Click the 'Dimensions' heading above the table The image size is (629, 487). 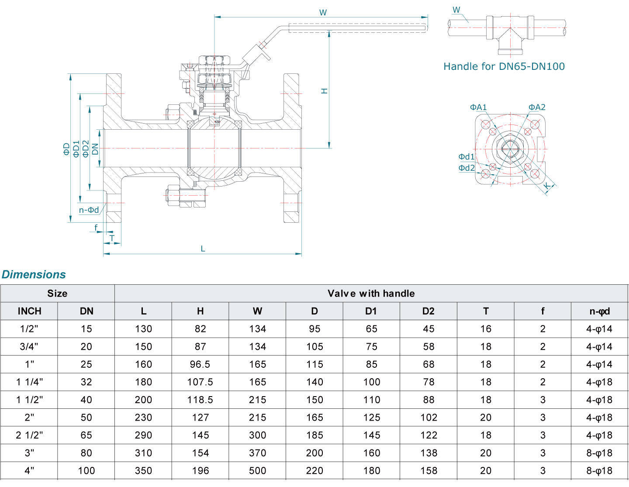tap(34, 274)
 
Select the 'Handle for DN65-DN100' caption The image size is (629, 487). tap(504, 66)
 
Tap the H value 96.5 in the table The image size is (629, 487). tap(200, 364)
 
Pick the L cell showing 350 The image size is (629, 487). tap(143, 470)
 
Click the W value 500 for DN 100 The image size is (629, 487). tap(257, 470)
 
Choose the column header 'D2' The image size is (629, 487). tap(428, 311)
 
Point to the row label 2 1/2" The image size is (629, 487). tap(29, 435)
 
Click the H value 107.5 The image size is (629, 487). tap(200, 382)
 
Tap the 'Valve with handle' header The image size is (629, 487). tap(371, 294)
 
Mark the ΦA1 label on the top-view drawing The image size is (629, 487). tap(478, 107)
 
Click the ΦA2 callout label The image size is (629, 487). tap(537, 107)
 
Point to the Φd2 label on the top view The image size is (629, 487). tap(466, 168)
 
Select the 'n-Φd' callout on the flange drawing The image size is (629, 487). tap(89, 210)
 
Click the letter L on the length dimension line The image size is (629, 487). tap(203, 249)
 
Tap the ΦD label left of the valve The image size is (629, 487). tap(66, 149)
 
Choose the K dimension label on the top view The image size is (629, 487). tap(546, 187)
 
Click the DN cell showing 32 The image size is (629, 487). tap(86, 382)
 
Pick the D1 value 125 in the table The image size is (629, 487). tap(371, 418)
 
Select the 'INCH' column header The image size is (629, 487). tap(29, 311)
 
